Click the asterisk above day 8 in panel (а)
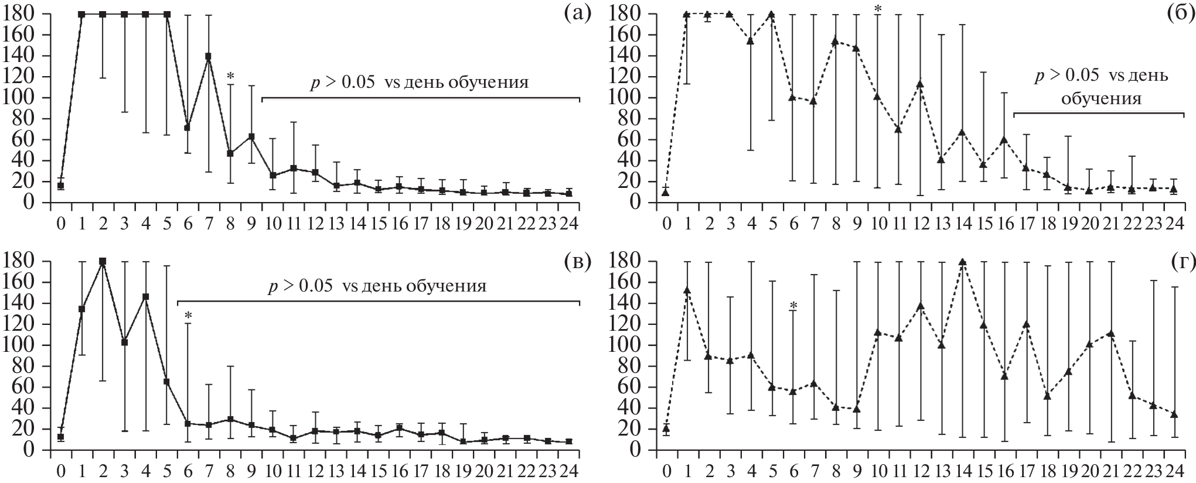point(230,77)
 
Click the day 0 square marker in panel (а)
point(60,186)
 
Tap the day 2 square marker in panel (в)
point(103,261)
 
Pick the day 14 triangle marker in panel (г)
point(962,262)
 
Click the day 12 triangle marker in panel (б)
point(919,84)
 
